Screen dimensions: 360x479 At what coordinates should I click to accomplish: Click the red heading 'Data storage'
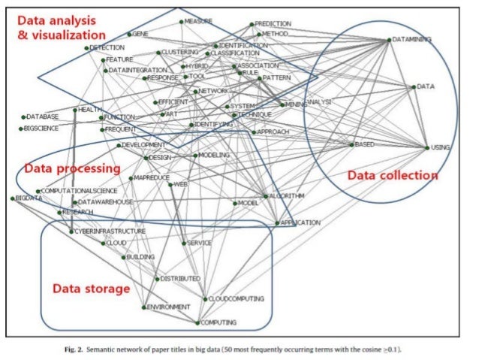(x=90, y=289)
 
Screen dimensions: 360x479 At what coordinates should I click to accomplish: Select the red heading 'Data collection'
(x=392, y=175)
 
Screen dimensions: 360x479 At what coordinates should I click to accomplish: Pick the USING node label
(x=441, y=148)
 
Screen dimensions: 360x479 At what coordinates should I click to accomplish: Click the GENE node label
(x=141, y=35)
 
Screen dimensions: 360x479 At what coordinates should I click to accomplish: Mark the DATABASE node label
(x=42, y=117)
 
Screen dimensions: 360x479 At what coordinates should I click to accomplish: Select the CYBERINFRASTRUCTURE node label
(x=110, y=231)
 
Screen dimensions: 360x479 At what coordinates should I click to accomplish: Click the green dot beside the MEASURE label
(x=181, y=22)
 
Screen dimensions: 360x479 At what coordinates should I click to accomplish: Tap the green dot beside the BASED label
(x=351, y=144)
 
